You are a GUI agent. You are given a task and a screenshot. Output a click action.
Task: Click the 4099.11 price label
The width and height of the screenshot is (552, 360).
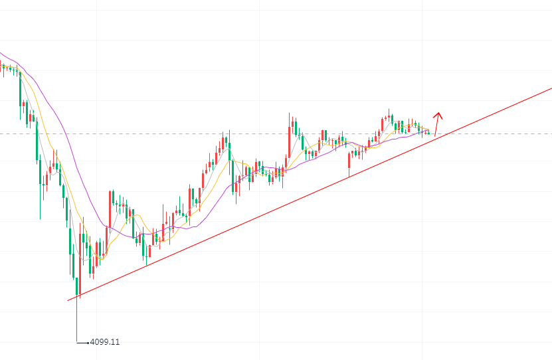point(105,342)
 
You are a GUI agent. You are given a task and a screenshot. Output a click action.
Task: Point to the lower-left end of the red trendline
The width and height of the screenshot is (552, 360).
point(68,300)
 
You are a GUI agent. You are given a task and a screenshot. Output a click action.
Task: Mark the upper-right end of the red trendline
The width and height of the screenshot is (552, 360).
point(551,88)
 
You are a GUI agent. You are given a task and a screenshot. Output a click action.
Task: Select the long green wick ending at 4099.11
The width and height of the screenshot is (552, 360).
point(77,319)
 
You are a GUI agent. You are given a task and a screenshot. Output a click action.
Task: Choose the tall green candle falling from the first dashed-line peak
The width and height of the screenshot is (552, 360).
point(230,149)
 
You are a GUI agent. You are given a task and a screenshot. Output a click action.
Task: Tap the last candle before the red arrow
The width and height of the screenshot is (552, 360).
point(428,133)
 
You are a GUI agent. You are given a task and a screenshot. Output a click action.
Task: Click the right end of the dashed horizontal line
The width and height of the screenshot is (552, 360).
point(551,134)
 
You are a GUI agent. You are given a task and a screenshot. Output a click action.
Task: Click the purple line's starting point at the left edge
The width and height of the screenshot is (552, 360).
point(1,52)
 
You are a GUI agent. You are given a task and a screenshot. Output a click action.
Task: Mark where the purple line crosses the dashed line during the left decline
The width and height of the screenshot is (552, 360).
point(60,134)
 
